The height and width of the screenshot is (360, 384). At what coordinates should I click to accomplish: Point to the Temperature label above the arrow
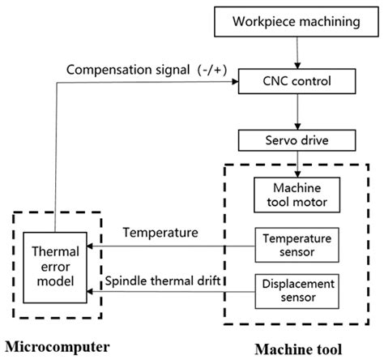pyautogui.click(x=160, y=233)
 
